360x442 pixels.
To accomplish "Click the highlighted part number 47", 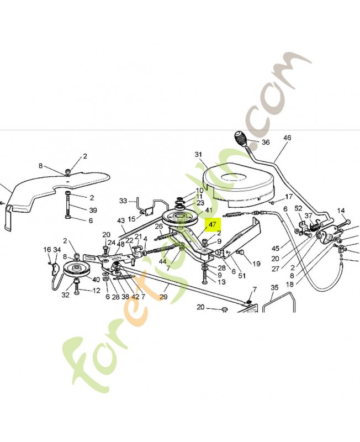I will pos(212,224).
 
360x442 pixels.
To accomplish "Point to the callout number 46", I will pos(287,138).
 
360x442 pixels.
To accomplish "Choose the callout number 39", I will pos(93,209).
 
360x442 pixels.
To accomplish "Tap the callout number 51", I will pos(241,276).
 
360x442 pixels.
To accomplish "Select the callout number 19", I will pos(256,264).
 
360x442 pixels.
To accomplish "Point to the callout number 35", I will pos(274,287).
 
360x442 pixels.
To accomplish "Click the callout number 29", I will pos(163,297).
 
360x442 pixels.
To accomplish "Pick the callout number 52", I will pos(298,208).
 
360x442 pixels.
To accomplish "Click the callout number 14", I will pos(341,211).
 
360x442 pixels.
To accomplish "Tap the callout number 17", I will pos(288,197).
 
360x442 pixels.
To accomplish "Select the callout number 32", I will pos(66,295).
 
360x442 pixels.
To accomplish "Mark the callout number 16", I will pos(47,250).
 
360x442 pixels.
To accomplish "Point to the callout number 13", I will pos(221,282).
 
